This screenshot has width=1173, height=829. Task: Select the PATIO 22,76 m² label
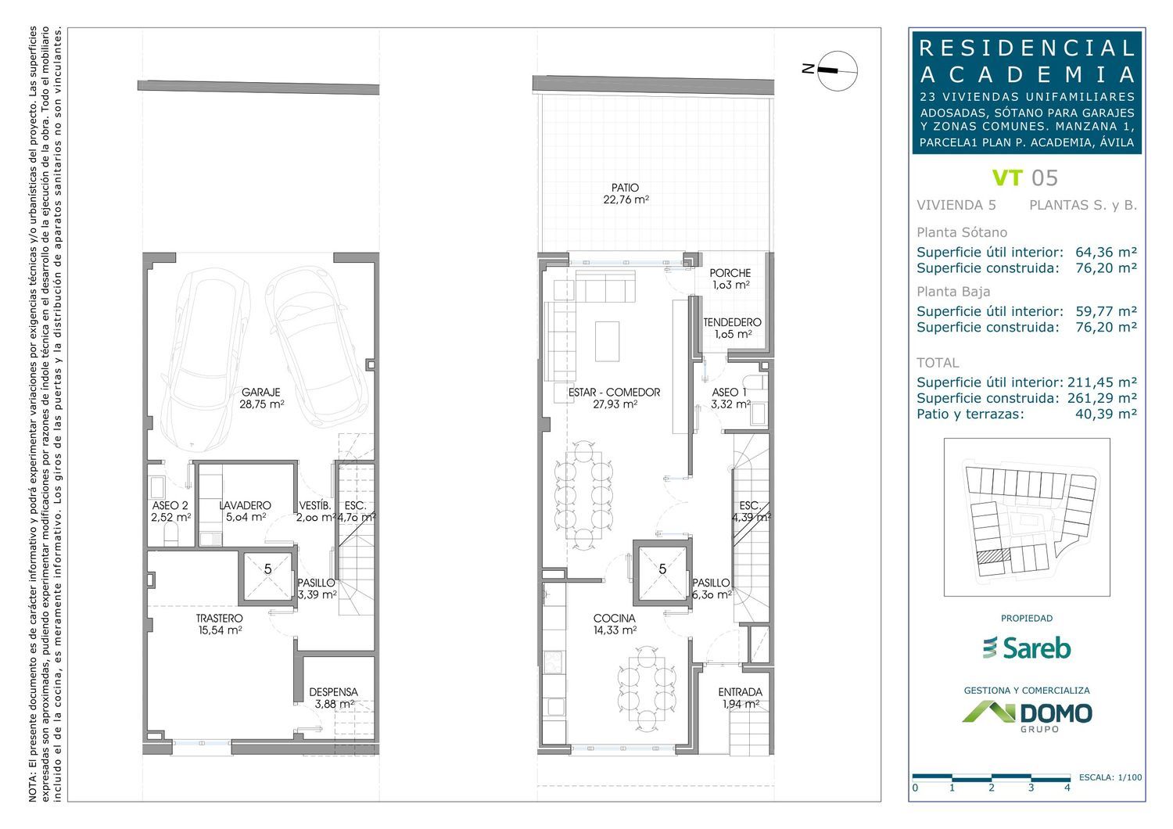click(626, 193)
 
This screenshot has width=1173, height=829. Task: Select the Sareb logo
click(1026, 648)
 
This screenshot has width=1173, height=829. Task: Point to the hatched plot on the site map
click(993, 555)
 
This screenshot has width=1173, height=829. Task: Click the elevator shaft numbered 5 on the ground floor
click(662, 569)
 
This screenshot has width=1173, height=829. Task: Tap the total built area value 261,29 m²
click(1103, 398)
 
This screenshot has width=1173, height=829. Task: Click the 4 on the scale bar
click(1067, 788)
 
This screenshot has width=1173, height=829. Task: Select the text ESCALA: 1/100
click(1110, 777)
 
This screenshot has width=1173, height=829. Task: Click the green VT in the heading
click(1007, 178)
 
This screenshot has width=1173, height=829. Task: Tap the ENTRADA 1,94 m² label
click(741, 698)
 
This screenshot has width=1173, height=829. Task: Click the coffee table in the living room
click(608, 341)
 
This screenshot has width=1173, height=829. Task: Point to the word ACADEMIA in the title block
click(1027, 75)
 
